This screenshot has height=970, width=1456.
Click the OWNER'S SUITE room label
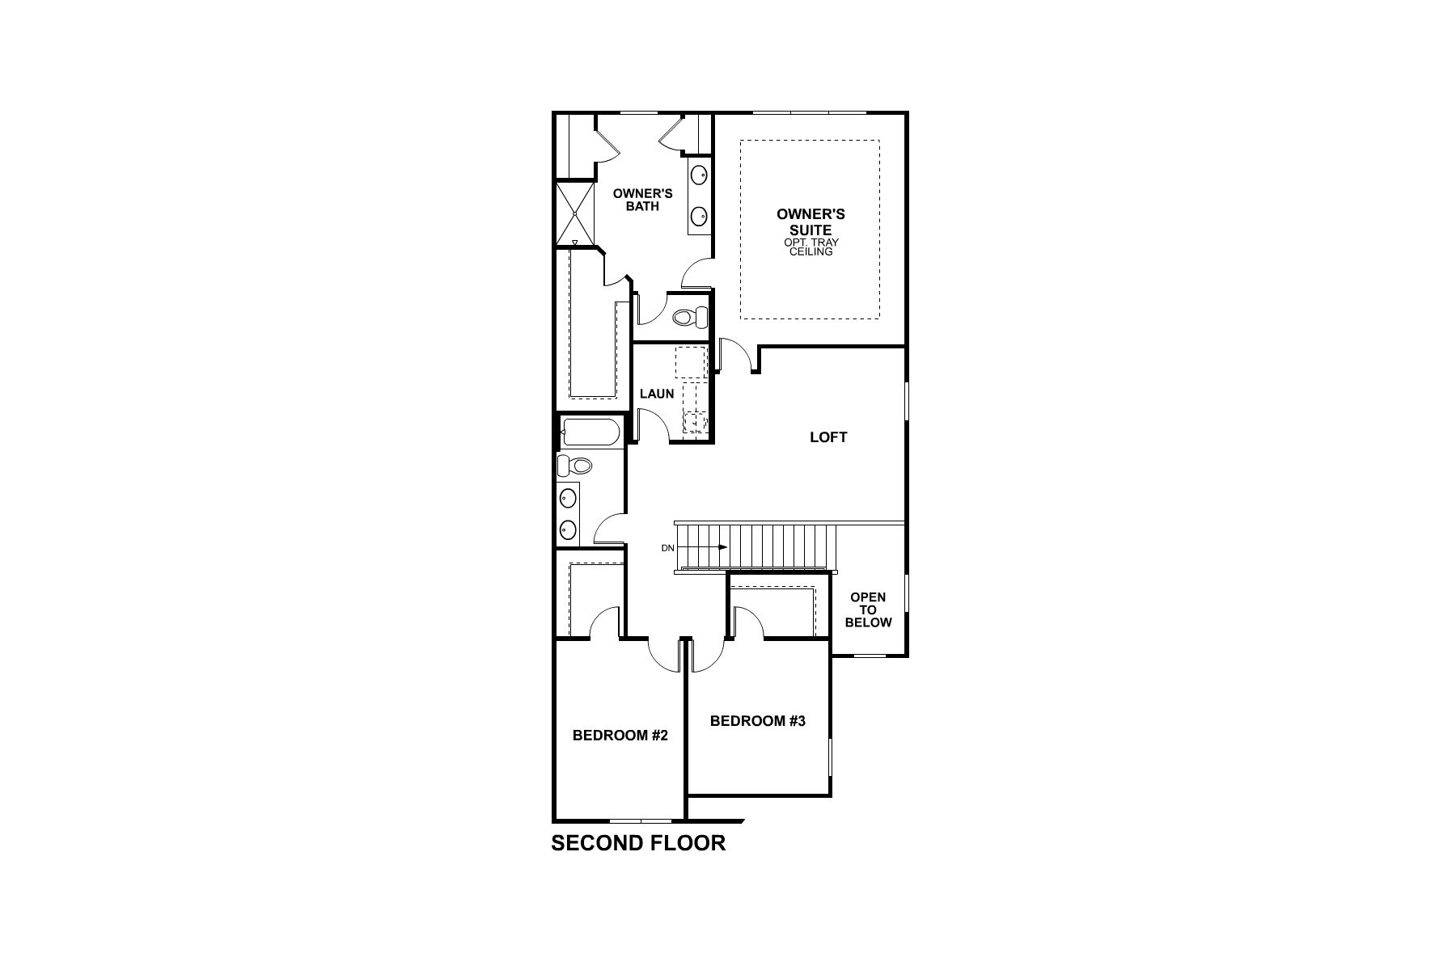[811, 221]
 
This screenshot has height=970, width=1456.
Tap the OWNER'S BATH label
[642, 200]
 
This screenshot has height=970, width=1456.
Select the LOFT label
[828, 437]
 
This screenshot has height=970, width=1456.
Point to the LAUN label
[657, 394]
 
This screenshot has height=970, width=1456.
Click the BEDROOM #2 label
[620, 736]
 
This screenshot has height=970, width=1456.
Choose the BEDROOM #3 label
[758, 721]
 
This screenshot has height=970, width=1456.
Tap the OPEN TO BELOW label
[868, 609]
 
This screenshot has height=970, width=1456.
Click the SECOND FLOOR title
[638, 843]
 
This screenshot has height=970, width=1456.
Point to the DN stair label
[667, 548]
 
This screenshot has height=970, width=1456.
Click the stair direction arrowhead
[723, 547]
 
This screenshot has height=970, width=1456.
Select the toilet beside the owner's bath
[685, 318]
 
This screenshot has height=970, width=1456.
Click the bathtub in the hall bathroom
[590, 432]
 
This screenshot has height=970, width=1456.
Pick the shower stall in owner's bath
[574, 214]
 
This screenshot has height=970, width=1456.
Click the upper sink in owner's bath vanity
[699, 174]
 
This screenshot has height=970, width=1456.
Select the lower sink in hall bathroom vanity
[569, 530]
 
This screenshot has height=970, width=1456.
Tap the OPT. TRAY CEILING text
[811, 247]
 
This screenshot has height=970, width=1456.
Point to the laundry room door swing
[654, 424]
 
